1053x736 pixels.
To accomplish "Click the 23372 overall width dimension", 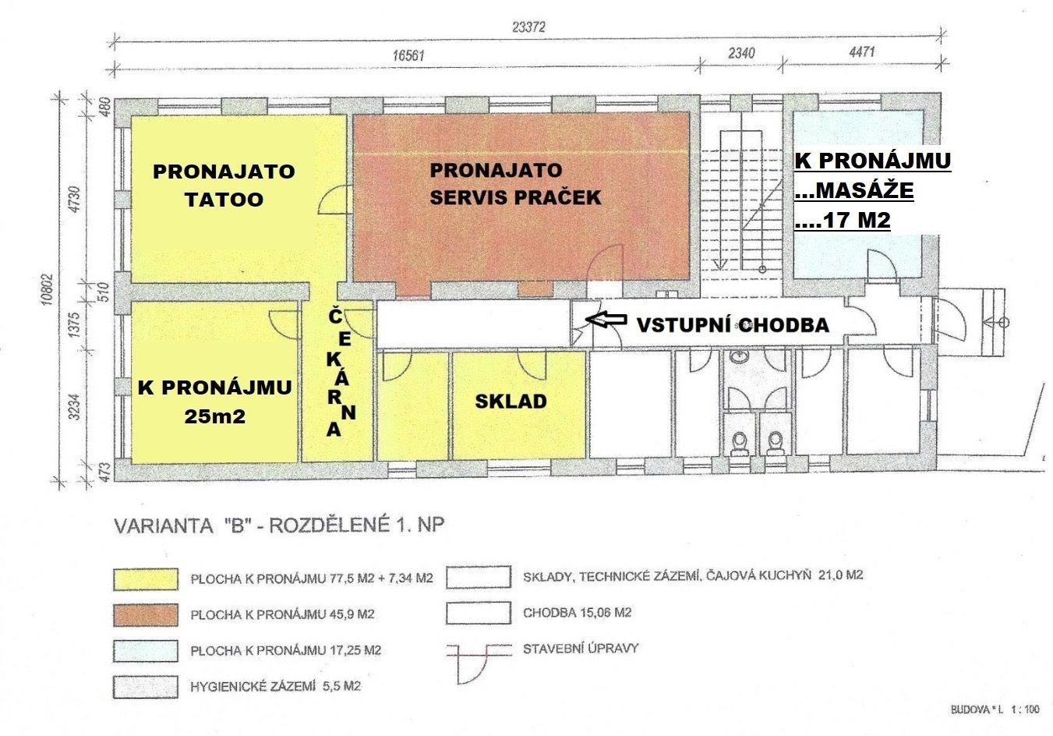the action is click(x=528, y=27).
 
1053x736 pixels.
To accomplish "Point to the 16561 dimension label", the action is click(x=408, y=56).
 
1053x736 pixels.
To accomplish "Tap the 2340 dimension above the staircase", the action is click(x=741, y=53).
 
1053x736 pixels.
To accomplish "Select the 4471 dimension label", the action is click(x=862, y=51).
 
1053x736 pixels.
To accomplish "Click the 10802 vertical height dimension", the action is click(x=47, y=290).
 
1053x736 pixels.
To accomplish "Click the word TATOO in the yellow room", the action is click(x=224, y=200).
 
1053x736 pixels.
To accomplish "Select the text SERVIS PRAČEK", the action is click(x=515, y=197).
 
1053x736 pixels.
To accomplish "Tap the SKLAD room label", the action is click(x=511, y=402).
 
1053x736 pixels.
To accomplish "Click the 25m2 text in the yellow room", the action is click(x=215, y=416).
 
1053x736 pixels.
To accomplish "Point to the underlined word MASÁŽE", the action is click(x=854, y=190).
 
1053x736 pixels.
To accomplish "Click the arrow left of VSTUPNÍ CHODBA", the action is click(x=606, y=320).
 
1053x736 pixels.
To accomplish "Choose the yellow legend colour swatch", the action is click(x=146, y=579).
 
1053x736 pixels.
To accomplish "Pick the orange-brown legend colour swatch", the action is click(x=146, y=615).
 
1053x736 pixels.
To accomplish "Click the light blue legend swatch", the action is click(x=146, y=651).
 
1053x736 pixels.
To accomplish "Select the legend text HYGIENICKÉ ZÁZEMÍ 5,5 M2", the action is click(x=275, y=687).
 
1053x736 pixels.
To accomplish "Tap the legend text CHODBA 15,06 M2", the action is click(x=578, y=613).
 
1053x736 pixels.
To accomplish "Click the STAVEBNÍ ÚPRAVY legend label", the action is click(x=581, y=649).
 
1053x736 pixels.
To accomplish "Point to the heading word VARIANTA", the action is click(x=164, y=525).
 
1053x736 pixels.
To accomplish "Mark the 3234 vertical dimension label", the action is click(x=74, y=407).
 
